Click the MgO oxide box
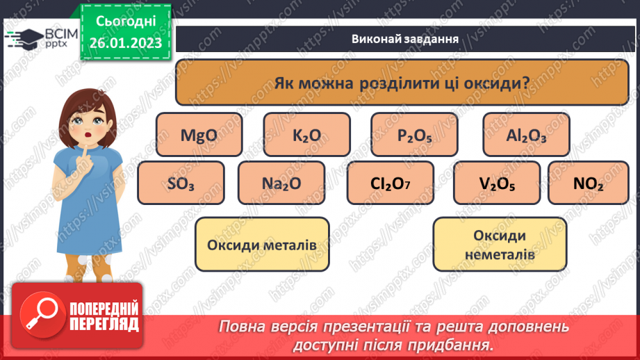pos(199,135)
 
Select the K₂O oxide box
pos(306,135)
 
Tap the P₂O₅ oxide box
pos(414,135)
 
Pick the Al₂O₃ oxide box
pos(526,135)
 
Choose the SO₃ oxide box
pos(181,183)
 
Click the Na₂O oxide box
pos(281,183)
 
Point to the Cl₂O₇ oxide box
pos(391,183)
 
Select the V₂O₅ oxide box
pos(496,183)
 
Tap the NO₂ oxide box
pos(588,183)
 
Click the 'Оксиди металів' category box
pos(262,245)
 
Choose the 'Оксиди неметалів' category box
pos(500,245)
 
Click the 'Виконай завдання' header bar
pos(404,39)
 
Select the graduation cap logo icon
pos(28,38)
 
